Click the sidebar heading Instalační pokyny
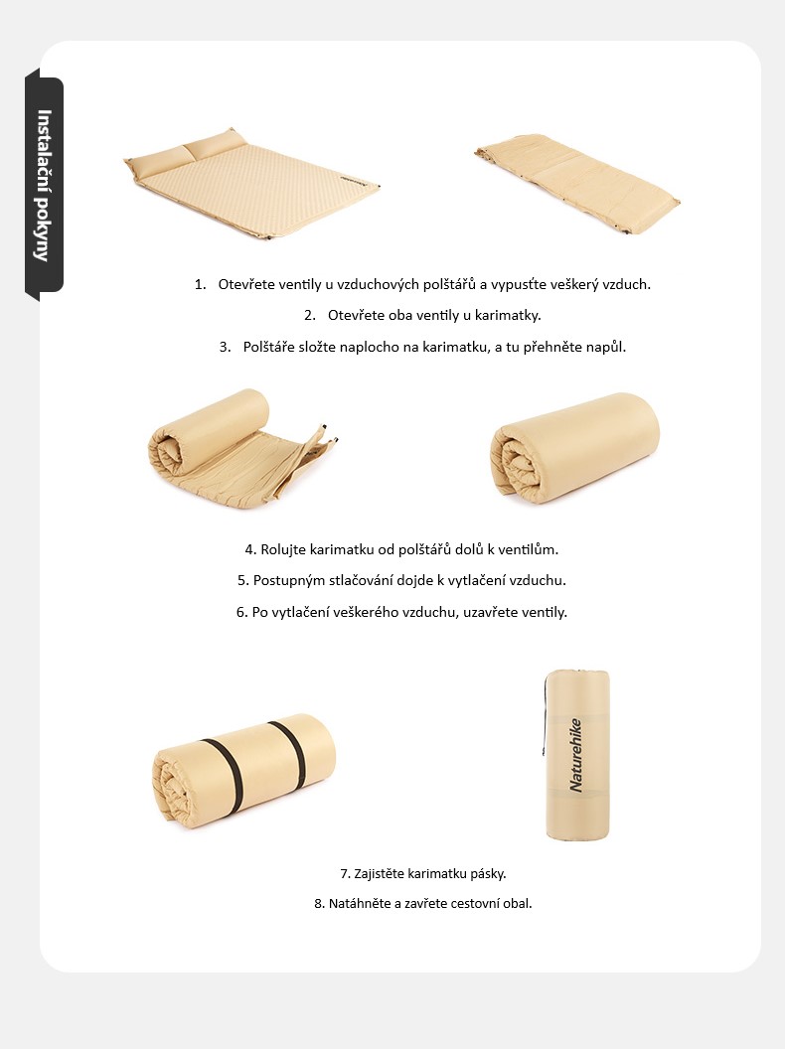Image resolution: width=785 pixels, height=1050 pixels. coord(44,185)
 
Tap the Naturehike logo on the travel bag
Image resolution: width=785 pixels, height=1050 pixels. coord(575,755)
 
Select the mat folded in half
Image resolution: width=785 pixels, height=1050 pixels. coord(577,183)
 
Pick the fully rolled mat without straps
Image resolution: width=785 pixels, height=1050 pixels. coord(574,448)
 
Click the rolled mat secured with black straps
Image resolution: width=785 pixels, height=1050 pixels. coord(243,771)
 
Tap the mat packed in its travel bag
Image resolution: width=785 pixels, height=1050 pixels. coord(576,755)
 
